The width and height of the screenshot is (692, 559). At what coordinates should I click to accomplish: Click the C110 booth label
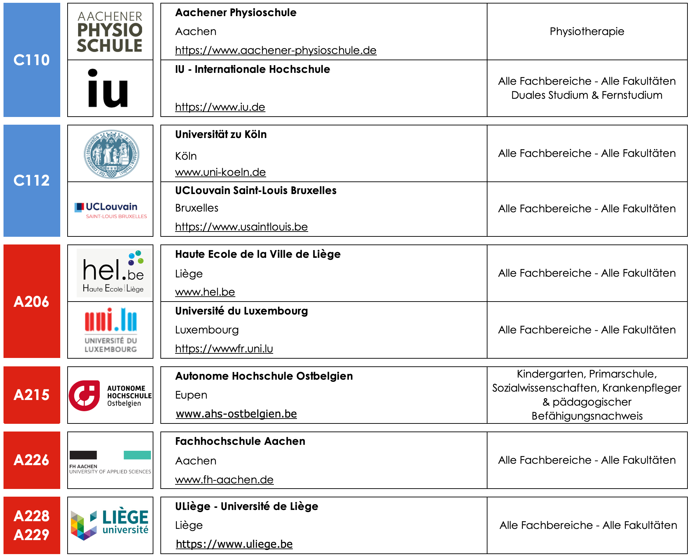coord(32,60)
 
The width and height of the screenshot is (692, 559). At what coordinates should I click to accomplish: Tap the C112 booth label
coord(32,180)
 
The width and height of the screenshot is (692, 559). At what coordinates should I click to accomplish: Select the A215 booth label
coord(32,395)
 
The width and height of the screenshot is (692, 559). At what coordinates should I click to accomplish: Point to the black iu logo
coord(108,88)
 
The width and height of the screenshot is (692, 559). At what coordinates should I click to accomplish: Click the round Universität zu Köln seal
coord(111,154)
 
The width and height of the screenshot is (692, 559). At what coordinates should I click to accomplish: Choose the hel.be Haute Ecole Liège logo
coord(113,273)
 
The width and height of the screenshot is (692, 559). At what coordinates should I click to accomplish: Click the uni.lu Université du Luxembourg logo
coord(111,330)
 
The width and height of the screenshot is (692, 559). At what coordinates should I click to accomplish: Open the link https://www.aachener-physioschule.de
coord(276,50)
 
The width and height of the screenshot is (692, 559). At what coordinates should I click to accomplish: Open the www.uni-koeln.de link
coord(220,172)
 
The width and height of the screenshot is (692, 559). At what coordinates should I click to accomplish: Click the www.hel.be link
coord(205,292)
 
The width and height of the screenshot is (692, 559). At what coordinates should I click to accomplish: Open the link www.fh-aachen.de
coord(224,480)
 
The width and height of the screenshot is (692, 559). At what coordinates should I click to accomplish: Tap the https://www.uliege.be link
coord(234,544)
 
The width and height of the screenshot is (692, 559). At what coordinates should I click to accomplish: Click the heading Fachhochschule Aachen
coord(240,441)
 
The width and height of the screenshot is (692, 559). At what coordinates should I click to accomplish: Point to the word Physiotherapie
coord(587,32)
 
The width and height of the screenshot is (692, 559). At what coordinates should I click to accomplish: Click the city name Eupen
coord(191,395)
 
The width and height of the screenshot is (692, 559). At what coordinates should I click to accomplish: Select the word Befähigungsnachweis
coord(587,416)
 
